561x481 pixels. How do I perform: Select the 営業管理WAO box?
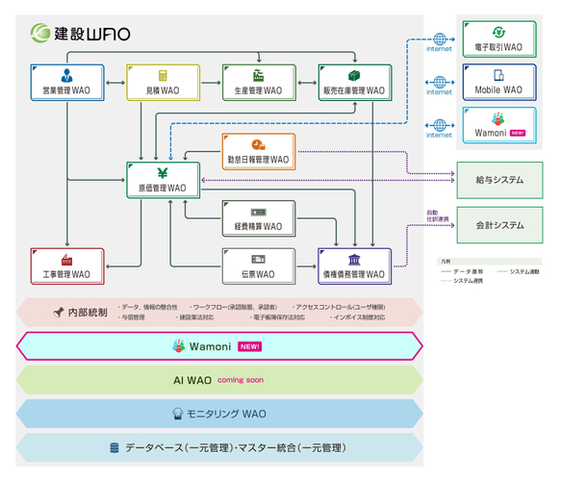pyautogui.click(x=66, y=82)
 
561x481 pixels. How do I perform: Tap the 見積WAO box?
pyautogui.click(x=163, y=82)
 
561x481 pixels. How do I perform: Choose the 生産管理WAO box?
pyautogui.click(x=259, y=82)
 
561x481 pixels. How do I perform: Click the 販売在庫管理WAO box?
pyautogui.click(x=355, y=82)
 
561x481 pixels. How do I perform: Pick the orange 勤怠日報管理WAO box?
pyautogui.click(x=259, y=151)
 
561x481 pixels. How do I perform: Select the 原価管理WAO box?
pyautogui.click(x=163, y=180)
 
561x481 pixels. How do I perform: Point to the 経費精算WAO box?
pyautogui.click(x=259, y=219)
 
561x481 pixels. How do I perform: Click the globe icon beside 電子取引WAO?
pyautogui.click(x=440, y=39)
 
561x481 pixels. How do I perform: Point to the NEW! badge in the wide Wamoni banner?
pyautogui.click(x=249, y=345)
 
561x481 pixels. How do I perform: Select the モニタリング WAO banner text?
pyautogui.click(x=227, y=414)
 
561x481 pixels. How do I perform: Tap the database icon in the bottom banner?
pyautogui.click(x=115, y=447)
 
